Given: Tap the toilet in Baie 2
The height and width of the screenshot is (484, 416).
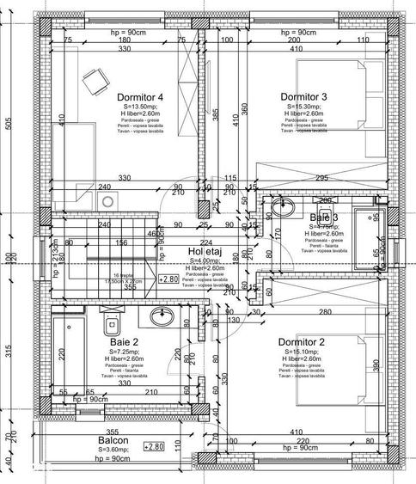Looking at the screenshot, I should pos(108,323).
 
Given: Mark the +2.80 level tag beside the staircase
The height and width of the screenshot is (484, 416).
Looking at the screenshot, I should pos(169,279).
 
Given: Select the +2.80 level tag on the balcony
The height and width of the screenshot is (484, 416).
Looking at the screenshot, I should pos(153,446).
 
